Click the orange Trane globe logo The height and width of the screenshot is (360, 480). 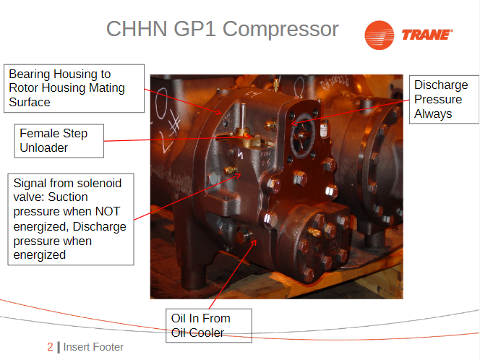(380, 35)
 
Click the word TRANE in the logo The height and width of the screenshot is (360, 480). (427, 35)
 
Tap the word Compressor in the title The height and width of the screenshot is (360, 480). (280, 29)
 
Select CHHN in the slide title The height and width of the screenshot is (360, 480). (137, 29)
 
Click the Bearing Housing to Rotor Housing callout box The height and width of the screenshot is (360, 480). (74, 88)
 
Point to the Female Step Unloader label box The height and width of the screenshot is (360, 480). (59, 141)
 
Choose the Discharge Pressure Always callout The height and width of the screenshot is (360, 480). (444, 99)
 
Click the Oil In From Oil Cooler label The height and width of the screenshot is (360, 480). (209, 325)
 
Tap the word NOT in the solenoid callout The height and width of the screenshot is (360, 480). (108, 211)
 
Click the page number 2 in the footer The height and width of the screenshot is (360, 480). (50, 347)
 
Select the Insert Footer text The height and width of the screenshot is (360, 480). (93, 347)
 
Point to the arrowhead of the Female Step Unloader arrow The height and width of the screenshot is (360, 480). (250, 137)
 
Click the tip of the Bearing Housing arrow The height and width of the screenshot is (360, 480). (220, 113)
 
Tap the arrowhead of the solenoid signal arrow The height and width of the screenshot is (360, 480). (240, 174)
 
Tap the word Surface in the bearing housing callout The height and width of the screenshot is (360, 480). (30, 102)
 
